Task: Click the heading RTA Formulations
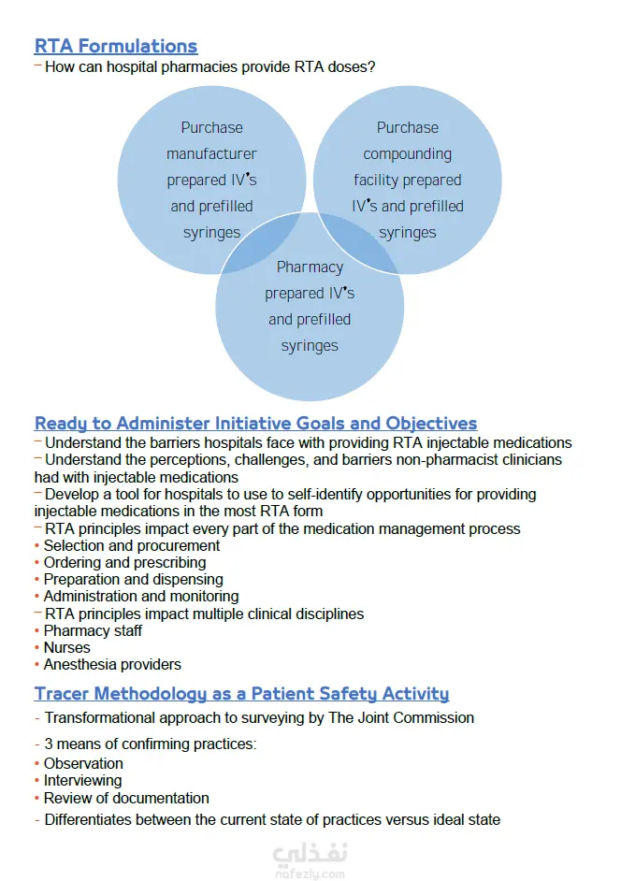[116, 46]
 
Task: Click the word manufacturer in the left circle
[211, 153]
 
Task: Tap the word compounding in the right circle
[407, 154]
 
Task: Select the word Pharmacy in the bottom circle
[310, 267]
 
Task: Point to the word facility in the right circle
[375, 180]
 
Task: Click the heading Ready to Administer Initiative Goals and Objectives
[255, 423]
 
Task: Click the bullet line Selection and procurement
[132, 545]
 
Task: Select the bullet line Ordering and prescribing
[124, 562]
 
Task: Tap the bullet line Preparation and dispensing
[133, 579]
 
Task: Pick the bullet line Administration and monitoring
[141, 596]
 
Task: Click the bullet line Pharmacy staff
[93, 631]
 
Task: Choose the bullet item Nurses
[67, 648]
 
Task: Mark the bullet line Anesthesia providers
[112, 665]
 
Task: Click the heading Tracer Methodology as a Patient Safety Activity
[241, 694]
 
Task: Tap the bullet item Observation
[83, 763]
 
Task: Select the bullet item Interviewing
[82, 781]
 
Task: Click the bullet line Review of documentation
[126, 798]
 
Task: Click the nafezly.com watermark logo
[310, 859]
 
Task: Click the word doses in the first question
[348, 66]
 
